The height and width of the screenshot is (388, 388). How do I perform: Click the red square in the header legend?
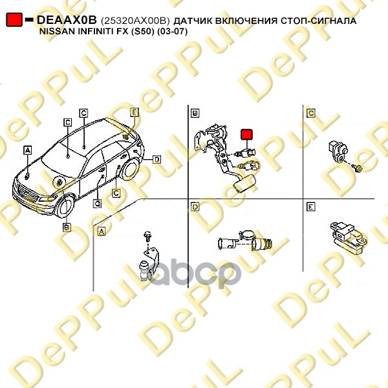(x=14, y=19)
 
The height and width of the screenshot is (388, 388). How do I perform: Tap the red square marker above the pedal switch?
(x=247, y=135)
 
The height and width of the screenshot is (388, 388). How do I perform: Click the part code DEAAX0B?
(x=67, y=20)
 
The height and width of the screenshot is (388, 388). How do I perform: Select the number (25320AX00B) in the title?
(x=135, y=21)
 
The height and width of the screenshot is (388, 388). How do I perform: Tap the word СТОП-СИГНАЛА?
(x=318, y=21)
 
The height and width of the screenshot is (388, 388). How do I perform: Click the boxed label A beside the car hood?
(x=28, y=150)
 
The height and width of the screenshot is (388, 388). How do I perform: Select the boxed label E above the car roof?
(x=134, y=113)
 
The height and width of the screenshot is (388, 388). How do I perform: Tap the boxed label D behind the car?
(x=156, y=159)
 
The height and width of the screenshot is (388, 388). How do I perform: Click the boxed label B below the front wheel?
(x=67, y=227)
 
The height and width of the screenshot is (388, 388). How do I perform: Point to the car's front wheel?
(x=65, y=206)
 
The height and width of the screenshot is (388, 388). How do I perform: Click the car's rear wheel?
(x=130, y=169)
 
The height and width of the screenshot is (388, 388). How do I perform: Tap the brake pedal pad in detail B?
(x=244, y=184)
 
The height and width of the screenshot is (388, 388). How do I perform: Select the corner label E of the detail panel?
(x=310, y=206)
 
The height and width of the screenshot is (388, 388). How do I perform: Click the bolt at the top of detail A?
(x=147, y=235)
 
